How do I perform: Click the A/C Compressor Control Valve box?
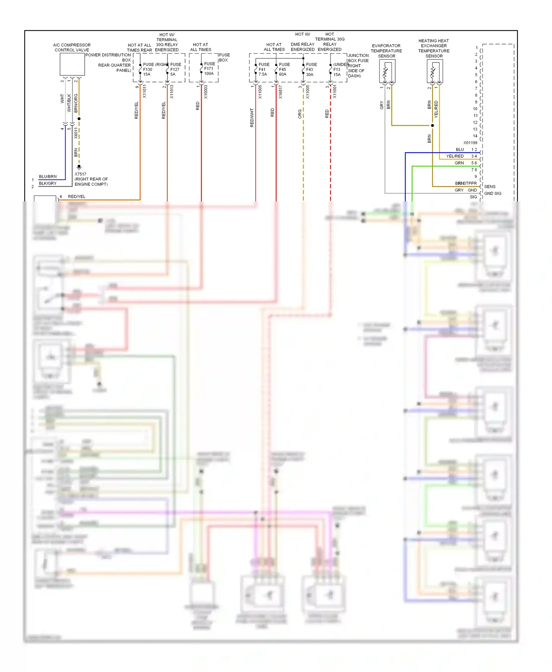coord(72,64)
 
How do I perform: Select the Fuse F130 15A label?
coord(148,69)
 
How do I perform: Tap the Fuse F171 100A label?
coord(209,69)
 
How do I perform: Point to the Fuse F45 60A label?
coord(284,69)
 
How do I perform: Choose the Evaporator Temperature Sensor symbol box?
coord(387,71)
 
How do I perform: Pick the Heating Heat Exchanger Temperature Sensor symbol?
coord(435,71)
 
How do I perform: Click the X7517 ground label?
coord(81,174)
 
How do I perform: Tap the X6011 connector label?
coord(76,133)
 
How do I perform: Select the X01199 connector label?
coord(470,143)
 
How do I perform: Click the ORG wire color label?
coord(300,114)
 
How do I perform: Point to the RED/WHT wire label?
coord(252,118)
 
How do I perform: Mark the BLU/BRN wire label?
coord(48,176)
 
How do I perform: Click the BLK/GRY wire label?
coord(48,183)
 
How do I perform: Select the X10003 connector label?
coord(206,92)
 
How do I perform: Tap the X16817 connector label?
coord(280,92)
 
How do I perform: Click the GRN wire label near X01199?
coord(459,163)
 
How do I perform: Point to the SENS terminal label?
coord(489,186)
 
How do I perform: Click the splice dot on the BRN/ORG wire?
coord(79,119)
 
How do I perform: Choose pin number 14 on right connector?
coord(475,136)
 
